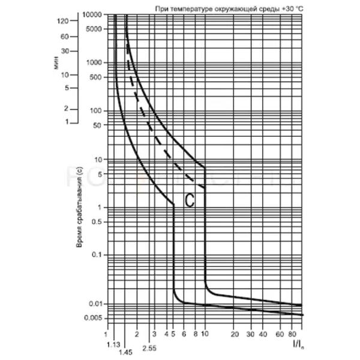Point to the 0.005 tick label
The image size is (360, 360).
(x=92, y=317)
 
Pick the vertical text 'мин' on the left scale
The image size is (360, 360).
(x=57, y=63)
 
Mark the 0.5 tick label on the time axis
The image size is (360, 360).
(x=96, y=221)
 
